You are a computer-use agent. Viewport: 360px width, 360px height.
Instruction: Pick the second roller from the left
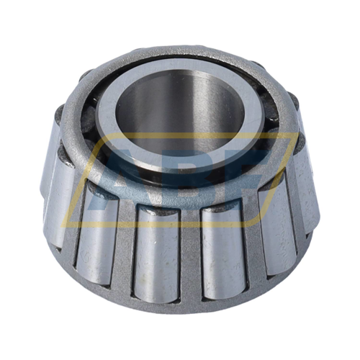coord(97,230)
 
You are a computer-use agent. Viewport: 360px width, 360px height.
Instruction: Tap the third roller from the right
coord(220,248)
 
